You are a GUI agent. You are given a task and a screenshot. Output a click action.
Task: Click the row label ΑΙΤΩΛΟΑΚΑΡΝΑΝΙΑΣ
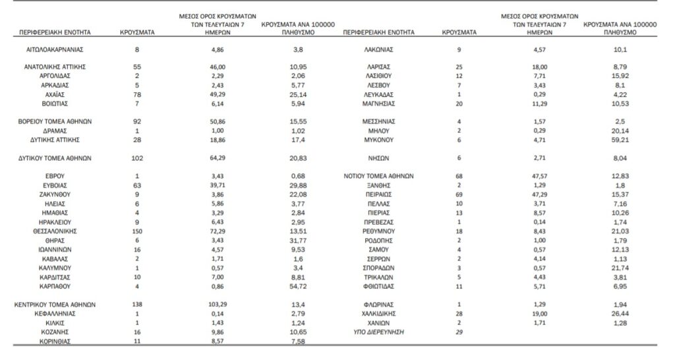[55, 49]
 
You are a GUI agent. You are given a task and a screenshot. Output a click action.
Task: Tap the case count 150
[137, 232]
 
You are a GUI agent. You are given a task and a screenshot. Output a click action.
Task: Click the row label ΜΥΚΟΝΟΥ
[378, 140]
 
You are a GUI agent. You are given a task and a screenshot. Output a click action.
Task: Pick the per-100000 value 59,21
[618, 140]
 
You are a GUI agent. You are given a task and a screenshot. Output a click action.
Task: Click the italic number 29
[459, 333]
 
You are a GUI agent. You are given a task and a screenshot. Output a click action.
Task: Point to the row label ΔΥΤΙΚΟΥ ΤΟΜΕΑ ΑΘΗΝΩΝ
[55, 158]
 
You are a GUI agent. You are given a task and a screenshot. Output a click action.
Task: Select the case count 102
[137, 158]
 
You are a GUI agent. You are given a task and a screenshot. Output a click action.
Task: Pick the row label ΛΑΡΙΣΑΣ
[378, 67]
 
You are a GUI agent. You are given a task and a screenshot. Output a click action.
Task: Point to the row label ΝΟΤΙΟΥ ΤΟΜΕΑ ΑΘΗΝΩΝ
[378, 177]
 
